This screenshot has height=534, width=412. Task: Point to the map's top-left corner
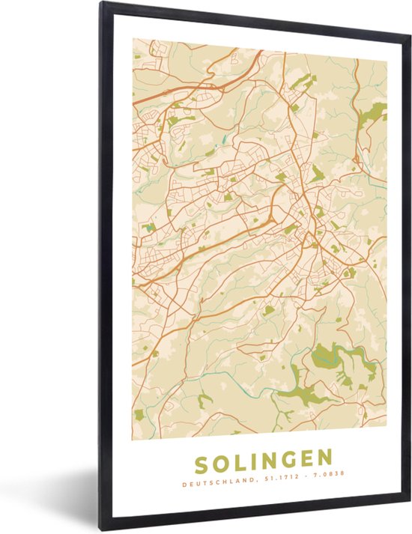pos(133,40)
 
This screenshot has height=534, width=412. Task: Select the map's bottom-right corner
pos(387,433)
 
